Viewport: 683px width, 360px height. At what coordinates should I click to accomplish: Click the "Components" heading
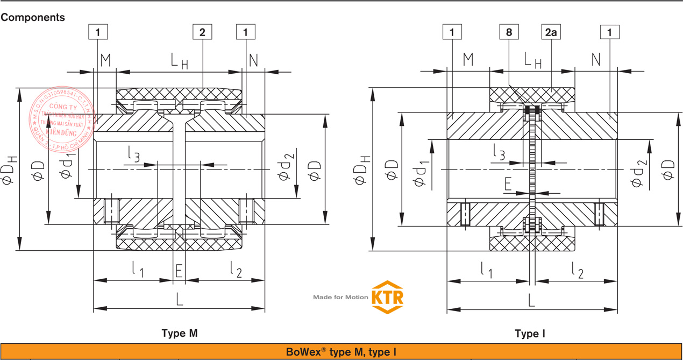(33, 18)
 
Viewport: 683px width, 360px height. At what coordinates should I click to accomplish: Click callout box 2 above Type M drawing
(202, 32)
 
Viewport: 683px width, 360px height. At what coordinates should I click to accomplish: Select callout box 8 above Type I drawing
(509, 32)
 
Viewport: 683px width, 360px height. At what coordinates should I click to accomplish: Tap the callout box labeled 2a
(552, 32)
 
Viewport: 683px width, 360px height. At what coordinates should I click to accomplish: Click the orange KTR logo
(387, 297)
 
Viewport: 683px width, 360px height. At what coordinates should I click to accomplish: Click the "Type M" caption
(180, 334)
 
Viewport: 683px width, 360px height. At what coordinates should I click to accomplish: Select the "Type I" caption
(530, 334)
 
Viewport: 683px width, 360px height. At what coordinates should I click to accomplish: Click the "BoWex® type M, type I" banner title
(341, 352)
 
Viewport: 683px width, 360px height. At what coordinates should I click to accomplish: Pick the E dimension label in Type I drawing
(508, 185)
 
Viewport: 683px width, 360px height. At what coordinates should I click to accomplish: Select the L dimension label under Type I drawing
(531, 300)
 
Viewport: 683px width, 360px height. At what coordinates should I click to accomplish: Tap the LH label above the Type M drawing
(179, 61)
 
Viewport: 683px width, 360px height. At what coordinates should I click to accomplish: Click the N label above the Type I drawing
(596, 60)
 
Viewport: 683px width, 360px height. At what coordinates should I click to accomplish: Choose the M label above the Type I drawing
(468, 60)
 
